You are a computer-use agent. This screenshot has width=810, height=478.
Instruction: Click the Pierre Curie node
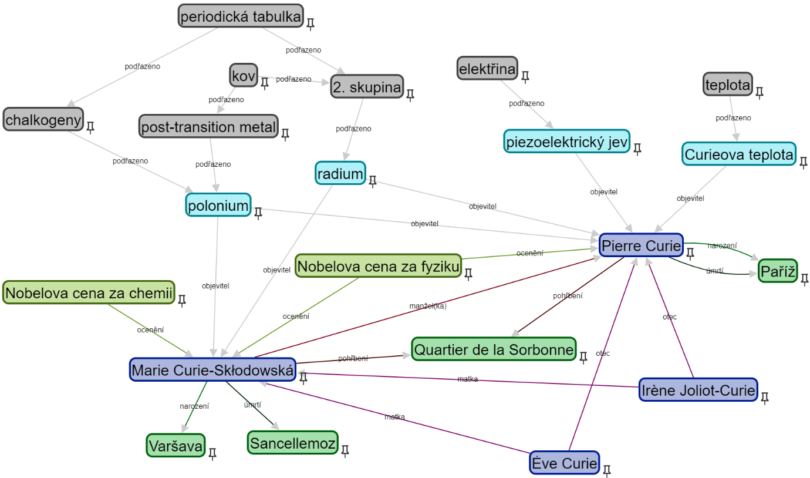point(641,245)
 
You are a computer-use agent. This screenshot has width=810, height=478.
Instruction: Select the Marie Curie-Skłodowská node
point(212,370)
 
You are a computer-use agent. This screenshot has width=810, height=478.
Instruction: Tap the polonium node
point(218,205)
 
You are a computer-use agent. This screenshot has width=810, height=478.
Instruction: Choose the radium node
point(340,173)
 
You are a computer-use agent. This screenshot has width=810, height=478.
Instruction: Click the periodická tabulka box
point(241,16)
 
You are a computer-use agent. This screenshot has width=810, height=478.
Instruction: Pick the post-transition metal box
point(208,126)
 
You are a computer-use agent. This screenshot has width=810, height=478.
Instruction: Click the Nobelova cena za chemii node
point(89,292)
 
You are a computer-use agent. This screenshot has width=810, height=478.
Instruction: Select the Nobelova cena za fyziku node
point(377,266)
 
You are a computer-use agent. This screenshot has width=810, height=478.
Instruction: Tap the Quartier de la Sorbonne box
point(494,349)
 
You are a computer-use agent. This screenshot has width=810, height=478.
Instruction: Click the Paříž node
point(778,271)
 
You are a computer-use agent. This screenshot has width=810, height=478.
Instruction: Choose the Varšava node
point(175,445)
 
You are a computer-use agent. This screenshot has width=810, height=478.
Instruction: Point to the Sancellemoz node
point(292,442)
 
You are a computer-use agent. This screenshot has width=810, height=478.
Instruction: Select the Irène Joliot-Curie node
point(697,390)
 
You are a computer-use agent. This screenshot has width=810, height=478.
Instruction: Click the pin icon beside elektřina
point(525,76)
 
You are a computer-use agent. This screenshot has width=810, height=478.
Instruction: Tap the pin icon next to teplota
point(759,92)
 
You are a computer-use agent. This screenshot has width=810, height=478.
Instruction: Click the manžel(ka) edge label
point(427,306)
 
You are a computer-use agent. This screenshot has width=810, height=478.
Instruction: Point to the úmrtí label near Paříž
point(714,271)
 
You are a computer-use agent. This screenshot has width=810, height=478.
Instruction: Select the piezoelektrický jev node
point(566,141)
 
